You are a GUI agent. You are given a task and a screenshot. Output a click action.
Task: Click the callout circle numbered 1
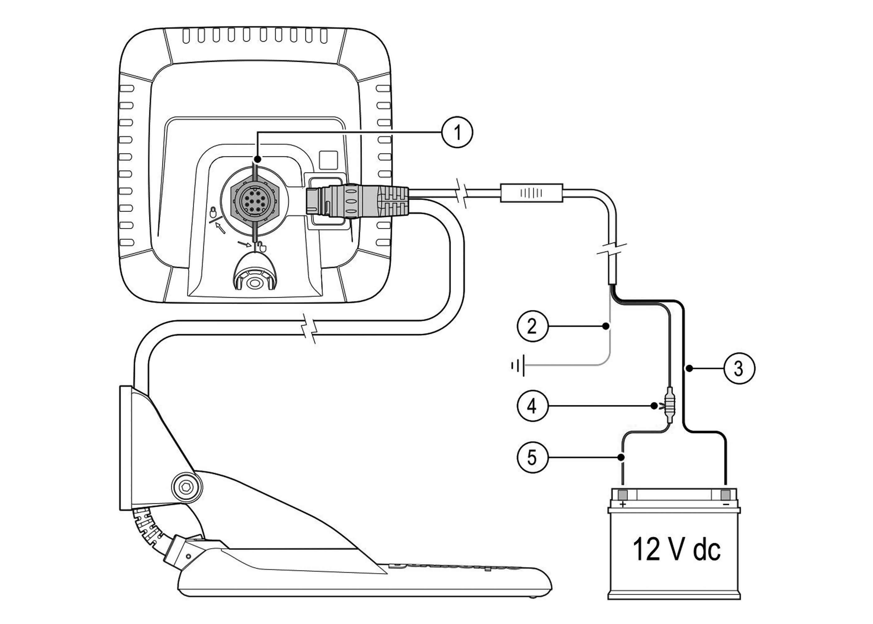point(457,133)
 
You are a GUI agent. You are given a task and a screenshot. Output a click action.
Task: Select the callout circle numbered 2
point(532,326)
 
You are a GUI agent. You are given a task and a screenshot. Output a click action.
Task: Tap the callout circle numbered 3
point(739,368)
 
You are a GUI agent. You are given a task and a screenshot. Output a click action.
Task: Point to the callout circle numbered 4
point(532,406)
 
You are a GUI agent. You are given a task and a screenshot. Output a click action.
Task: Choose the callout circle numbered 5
point(532,457)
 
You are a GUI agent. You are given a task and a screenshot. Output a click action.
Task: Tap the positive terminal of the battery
point(622,494)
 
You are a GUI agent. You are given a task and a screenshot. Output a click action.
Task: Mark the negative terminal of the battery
point(726,494)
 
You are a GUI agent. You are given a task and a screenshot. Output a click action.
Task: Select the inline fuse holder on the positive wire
point(669,406)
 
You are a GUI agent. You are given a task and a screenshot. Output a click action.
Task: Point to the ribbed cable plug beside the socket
point(357,201)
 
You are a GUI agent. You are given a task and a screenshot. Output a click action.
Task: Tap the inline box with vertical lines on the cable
point(531,193)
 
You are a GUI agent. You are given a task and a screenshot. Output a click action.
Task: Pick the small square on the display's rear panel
point(328,160)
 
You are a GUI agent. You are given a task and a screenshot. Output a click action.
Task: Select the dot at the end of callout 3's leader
point(689,369)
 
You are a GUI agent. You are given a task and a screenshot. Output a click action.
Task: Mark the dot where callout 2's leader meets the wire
point(606,326)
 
